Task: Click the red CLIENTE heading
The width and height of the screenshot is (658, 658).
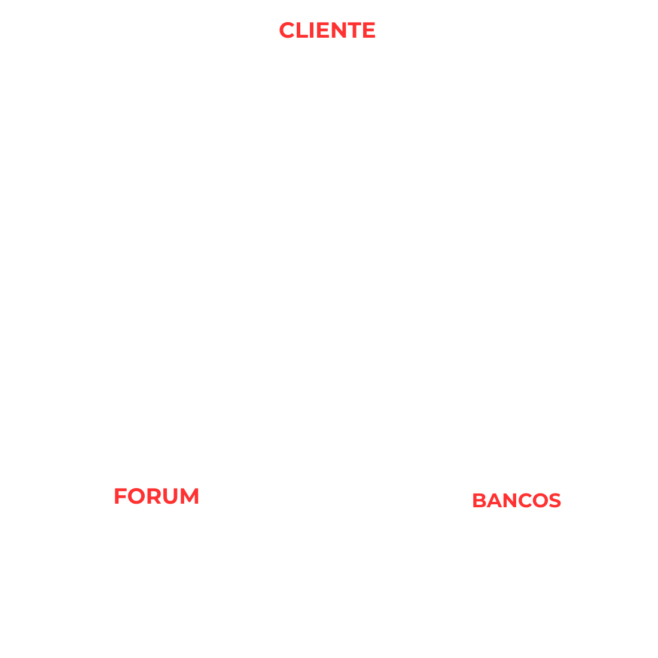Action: pyautogui.click(x=327, y=31)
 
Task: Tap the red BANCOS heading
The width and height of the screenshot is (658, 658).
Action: pyautogui.click(x=516, y=500)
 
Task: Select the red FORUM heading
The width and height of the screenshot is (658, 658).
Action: pyautogui.click(x=156, y=496)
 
